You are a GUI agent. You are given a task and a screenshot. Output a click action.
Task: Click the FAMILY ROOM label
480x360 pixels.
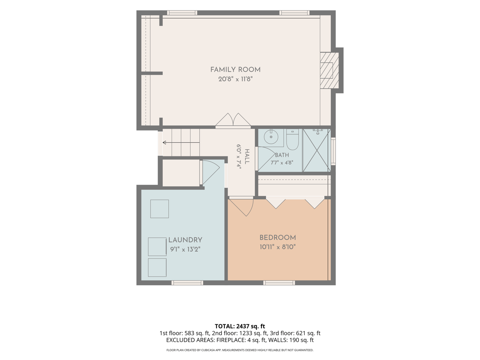click(x=235, y=70)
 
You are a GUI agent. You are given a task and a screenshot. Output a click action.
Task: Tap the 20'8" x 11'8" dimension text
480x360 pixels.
click(x=235, y=79)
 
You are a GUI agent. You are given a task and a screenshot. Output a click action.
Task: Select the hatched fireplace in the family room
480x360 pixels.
click(x=329, y=70)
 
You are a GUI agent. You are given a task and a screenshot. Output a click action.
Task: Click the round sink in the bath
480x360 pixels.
click(x=271, y=137)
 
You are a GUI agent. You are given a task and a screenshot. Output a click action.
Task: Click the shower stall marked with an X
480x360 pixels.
click(x=316, y=150)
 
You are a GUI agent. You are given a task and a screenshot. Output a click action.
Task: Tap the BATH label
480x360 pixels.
click(x=282, y=155)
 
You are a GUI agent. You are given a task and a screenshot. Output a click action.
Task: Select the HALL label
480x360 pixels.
click(x=247, y=156)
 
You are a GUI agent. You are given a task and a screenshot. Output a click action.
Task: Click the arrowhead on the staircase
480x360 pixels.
click(x=165, y=142)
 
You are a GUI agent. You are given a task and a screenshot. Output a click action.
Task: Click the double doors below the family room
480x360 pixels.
click(x=233, y=120)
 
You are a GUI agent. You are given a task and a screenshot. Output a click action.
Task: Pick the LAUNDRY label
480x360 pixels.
click(x=185, y=240)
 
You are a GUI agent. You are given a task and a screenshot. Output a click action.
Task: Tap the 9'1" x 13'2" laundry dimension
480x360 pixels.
click(x=185, y=249)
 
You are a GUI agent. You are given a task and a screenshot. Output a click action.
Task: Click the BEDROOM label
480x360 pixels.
click(x=278, y=238)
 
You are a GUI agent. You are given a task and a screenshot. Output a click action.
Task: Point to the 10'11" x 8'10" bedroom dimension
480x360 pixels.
click(x=278, y=247)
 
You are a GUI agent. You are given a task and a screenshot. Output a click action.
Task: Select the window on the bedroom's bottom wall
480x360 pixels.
click(x=279, y=283)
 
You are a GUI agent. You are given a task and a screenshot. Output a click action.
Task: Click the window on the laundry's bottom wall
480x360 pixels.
click(x=187, y=283)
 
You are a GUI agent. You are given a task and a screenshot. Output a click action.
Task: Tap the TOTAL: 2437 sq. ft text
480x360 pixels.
click(x=240, y=326)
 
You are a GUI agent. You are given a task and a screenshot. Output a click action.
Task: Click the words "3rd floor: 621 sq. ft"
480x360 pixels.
click(x=295, y=333)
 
